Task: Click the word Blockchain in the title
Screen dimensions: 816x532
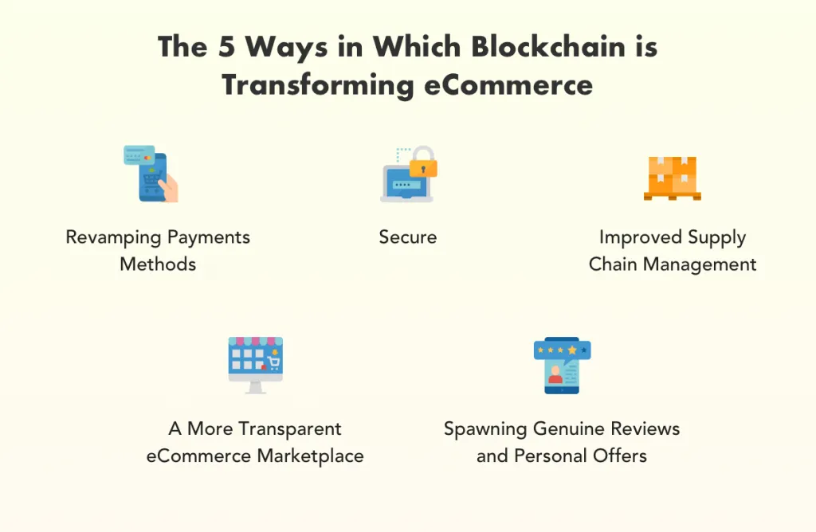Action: tap(548, 46)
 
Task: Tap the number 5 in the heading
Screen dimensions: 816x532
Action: tap(226, 46)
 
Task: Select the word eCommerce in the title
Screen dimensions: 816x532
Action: tap(508, 84)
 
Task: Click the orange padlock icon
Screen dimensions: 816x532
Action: tap(423, 162)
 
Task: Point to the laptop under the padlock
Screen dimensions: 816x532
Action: tap(406, 185)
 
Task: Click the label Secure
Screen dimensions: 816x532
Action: tap(407, 237)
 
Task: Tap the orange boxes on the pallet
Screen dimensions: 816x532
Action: tap(672, 174)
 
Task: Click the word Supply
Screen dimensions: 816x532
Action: tap(716, 237)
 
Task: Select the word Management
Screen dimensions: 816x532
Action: tap(700, 264)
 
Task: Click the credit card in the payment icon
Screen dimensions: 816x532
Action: tap(139, 155)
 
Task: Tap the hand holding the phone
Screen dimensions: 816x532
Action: tap(169, 188)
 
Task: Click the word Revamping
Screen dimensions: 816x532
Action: tap(113, 237)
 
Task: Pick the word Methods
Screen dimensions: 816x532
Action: tap(158, 264)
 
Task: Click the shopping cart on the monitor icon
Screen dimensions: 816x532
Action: tap(273, 362)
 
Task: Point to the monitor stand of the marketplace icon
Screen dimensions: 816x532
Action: tap(255, 387)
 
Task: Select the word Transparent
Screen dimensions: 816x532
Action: tap(290, 429)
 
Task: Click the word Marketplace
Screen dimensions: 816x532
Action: tap(310, 456)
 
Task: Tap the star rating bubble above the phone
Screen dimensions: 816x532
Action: tap(562, 350)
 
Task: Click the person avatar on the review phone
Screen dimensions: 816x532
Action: tap(555, 374)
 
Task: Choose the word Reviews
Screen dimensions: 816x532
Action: tap(645, 429)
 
